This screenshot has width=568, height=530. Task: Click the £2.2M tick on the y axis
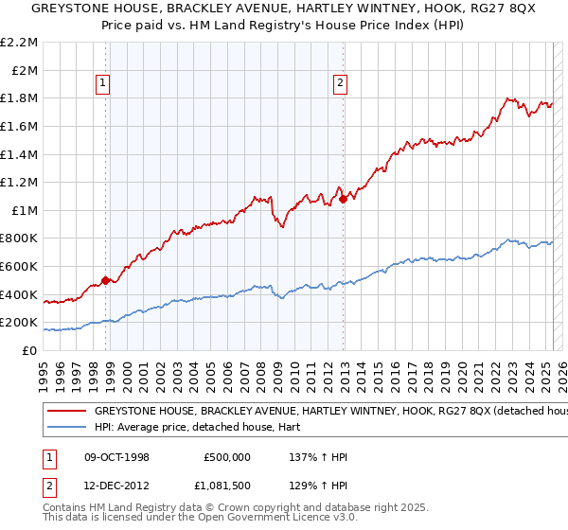coord(21,43)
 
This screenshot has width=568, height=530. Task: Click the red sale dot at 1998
coord(106,280)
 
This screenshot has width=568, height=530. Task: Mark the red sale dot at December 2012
coord(343,198)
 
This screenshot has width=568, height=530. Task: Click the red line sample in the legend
coord(67,412)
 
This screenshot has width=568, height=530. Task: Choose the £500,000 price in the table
coord(227,457)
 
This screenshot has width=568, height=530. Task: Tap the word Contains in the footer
coord(67,508)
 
